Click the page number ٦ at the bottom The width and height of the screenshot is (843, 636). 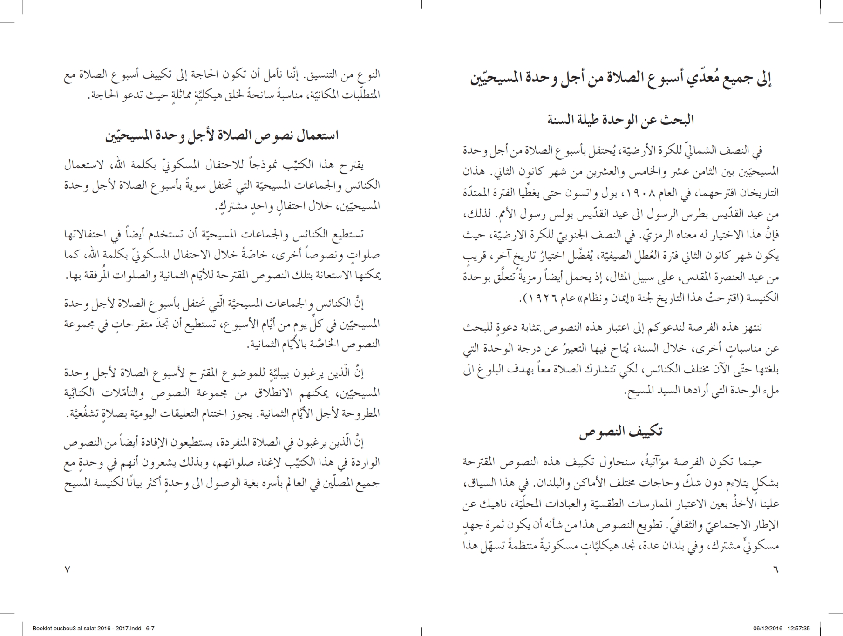(775, 569)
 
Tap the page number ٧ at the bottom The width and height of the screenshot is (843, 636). (67, 569)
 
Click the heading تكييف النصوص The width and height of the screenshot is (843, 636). (621, 432)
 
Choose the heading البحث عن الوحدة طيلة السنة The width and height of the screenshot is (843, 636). (621, 120)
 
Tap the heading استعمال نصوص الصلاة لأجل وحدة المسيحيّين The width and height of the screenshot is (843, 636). (222, 135)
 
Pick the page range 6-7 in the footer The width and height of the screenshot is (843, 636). (150, 628)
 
